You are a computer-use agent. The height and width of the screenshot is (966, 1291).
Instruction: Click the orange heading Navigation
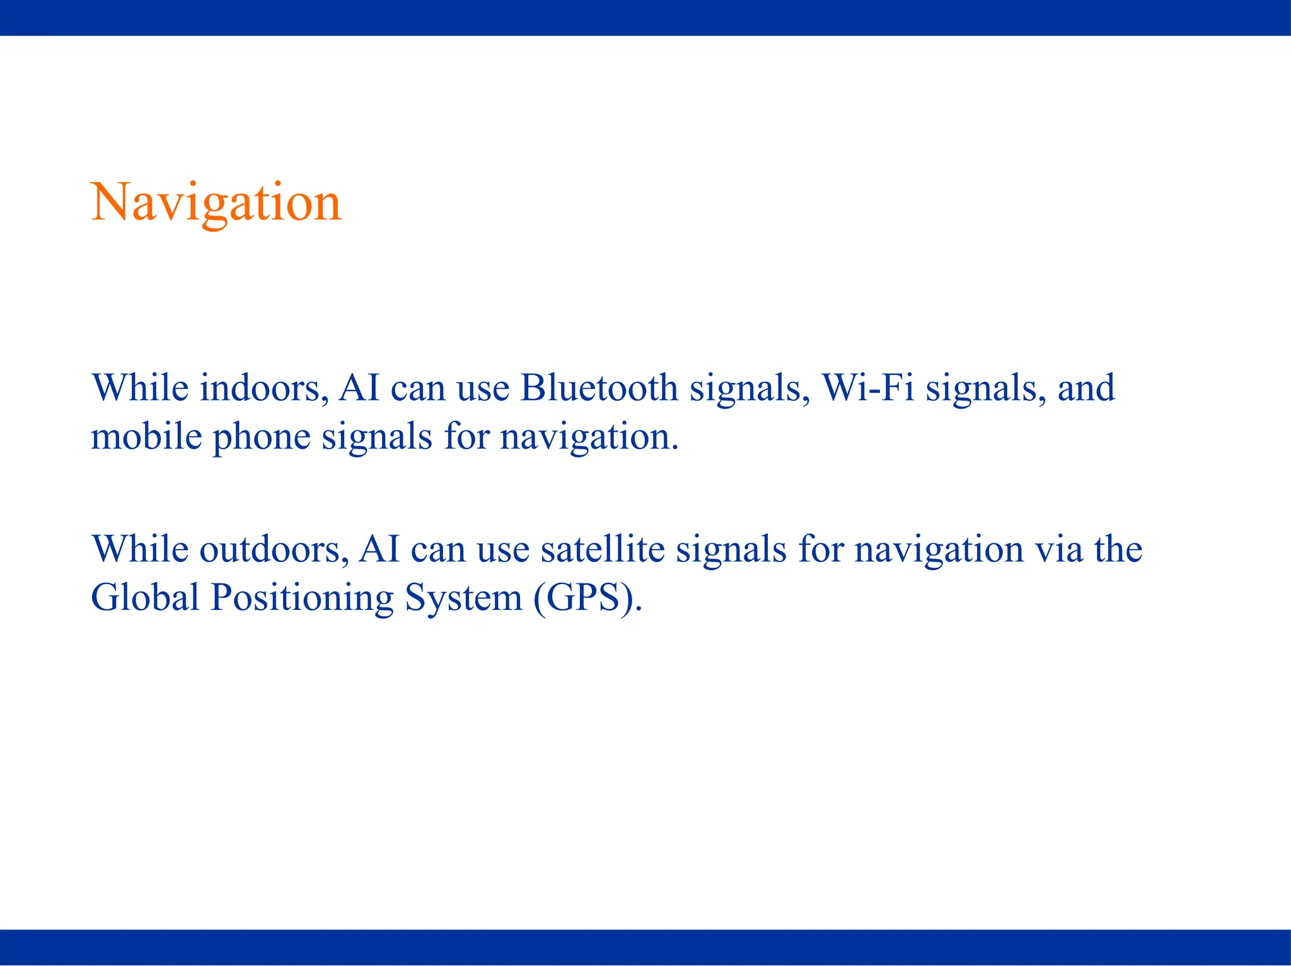click(x=216, y=203)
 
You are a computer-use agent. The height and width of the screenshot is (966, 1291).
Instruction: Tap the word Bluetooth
click(x=599, y=388)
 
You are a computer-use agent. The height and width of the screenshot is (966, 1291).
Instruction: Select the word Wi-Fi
click(x=868, y=388)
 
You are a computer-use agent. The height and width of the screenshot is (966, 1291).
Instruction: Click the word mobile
click(x=147, y=436)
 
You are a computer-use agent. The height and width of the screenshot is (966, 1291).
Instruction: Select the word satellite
click(x=602, y=549)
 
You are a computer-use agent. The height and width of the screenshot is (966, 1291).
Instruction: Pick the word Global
click(x=145, y=597)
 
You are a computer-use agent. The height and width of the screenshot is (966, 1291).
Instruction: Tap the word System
click(x=463, y=599)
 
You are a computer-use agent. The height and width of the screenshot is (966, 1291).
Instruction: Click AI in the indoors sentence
click(x=359, y=388)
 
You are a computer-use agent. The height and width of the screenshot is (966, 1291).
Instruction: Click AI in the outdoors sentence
click(x=379, y=549)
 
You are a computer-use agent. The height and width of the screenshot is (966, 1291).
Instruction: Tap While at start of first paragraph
click(x=140, y=388)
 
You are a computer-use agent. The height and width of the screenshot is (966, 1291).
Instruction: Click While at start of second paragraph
click(x=140, y=549)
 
